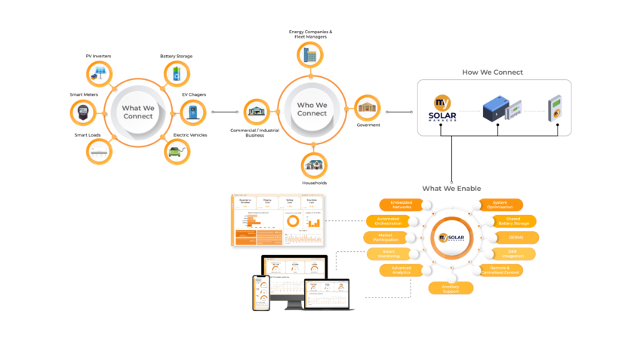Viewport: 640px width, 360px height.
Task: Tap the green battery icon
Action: [177, 74]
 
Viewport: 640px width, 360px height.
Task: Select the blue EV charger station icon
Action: [192, 112]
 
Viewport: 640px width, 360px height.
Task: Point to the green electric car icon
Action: [177, 151]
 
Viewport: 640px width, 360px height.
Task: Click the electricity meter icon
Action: [82, 112]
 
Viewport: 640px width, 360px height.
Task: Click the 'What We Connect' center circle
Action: [137, 112]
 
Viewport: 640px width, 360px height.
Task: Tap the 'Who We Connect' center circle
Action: [312, 109]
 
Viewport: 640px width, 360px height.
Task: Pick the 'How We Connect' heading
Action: [493, 72]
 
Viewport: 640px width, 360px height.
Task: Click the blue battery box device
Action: [498, 109]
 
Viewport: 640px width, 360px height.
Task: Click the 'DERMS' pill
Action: [515, 238]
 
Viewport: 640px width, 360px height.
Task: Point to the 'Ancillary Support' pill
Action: [451, 288]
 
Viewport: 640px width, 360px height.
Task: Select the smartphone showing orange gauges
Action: [261, 292]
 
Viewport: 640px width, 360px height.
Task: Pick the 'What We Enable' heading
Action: [451, 188]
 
